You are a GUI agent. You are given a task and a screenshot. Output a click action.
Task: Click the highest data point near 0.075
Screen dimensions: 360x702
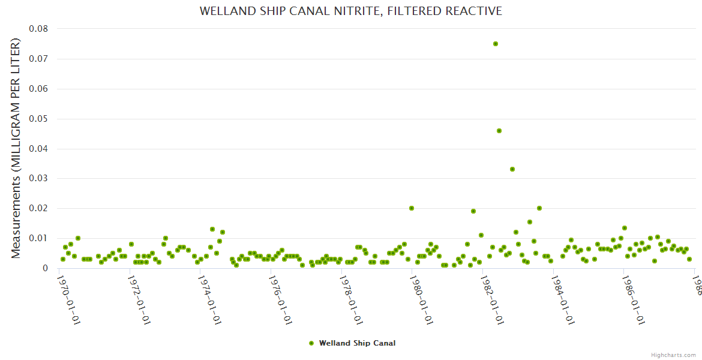[496, 44]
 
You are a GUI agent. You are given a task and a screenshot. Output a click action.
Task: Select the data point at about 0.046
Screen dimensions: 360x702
[499, 131]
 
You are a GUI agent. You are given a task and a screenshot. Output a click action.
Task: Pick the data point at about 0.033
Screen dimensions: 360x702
[512, 169]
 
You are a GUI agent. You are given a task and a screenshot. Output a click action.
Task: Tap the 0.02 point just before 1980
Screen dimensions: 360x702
[412, 208]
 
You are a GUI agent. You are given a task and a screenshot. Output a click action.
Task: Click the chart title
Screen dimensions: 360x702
[350, 11]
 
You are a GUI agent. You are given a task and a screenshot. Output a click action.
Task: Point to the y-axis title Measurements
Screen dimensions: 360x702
[16, 148]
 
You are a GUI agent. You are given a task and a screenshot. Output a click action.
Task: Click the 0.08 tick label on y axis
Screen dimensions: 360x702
[38, 29]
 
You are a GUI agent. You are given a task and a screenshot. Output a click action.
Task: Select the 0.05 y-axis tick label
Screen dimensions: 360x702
[38, 119]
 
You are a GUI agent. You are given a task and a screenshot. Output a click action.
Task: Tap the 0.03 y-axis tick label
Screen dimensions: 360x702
[38, 178]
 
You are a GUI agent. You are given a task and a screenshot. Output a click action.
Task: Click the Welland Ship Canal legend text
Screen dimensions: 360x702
[357, 343]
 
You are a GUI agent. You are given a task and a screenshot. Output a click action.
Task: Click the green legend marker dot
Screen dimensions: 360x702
[311, 343]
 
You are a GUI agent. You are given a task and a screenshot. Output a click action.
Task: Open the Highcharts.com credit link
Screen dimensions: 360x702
[673, 355]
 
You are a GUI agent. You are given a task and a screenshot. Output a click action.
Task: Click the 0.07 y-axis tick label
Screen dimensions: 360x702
[38, 59]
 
